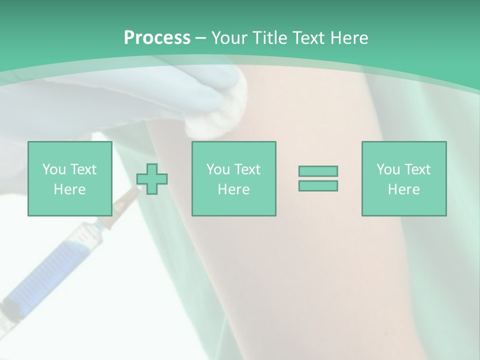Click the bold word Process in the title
(x=157, y=38)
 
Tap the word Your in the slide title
(x=229, y=38)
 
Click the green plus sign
(x=152, y=178)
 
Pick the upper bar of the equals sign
(x=318, y=171)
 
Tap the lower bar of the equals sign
(x=318, y=185)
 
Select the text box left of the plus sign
(x=69, y=178)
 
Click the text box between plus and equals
(x=233, y=178)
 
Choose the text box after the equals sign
(x=403, y=178)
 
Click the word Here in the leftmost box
(x=69, y=189)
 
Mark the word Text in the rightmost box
(x=417, y=169)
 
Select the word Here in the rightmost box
(x=403, y=189)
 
